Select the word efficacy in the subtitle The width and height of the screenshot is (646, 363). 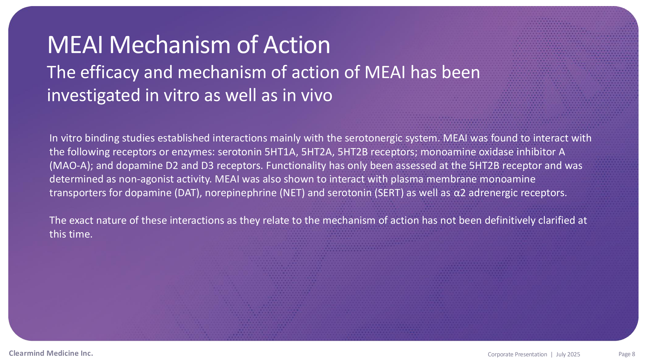(x=110, y=73)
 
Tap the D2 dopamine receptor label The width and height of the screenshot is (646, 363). (x=172, y=166)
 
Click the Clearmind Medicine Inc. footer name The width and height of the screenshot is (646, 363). (x=51, y=353)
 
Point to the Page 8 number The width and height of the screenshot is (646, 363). (x=627, y=354)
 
